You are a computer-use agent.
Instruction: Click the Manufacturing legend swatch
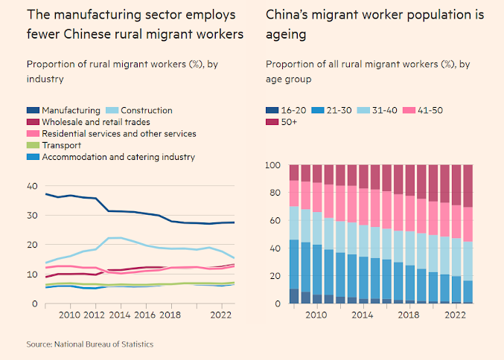pyautogui.click(x=34, y=111)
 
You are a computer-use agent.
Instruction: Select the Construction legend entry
pyautogui.click(x=147, y=111)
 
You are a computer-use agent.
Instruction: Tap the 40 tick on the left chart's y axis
pyautogui.click(x=31, y=186)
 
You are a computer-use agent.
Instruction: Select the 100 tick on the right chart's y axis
pyautogui.click(x=274, y=165)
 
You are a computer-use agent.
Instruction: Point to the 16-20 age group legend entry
pyautogui.click(x=284, y=111)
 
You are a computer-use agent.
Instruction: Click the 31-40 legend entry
pyautogui.click(x=380, y=111)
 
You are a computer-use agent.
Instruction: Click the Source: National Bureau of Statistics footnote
pyautogui.click(x=89, y=344)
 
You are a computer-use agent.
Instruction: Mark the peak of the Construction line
pyautogui.click(x=115, y=238)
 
